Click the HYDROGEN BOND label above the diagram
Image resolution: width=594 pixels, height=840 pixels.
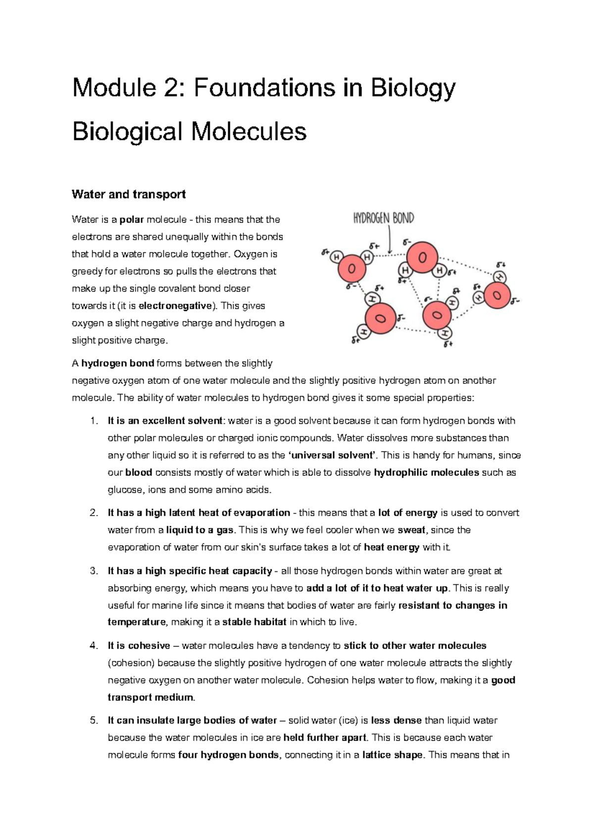tap(383, 218)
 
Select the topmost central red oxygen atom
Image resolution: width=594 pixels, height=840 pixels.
tap(422, 257)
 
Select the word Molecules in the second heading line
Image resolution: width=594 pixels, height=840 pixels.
tap(248, 132)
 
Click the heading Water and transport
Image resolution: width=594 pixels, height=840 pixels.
tap(129, 194)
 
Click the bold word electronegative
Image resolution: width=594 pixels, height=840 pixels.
tap(175, 306)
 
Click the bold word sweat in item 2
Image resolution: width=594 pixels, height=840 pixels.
tap(411, 530)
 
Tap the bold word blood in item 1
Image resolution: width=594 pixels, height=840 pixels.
tap(139, 472)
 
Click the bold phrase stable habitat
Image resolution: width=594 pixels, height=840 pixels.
tap(254, 622)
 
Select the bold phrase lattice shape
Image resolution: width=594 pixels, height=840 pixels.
tap(393, 755)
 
